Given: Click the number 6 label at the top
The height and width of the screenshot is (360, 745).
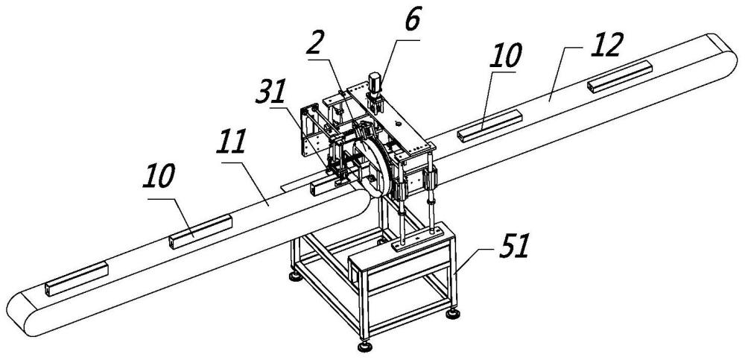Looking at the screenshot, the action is (413, 22).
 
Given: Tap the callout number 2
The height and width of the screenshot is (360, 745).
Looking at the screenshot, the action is (315, 44).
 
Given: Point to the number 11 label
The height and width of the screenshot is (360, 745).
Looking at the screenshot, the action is (230, 142).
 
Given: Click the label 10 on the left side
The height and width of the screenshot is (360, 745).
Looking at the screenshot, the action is (158, 176).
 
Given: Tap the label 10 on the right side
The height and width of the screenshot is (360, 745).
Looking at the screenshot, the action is (507, 56).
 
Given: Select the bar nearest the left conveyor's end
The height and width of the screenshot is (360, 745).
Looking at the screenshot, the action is (77, 279).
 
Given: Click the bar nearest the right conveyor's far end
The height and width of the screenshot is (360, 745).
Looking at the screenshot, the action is (620, 77).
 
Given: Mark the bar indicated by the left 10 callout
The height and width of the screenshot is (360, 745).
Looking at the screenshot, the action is (200, 232).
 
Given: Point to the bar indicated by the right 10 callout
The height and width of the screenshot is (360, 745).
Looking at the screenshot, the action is (489, 126).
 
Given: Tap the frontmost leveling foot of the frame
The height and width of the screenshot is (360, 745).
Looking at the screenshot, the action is (365, 346).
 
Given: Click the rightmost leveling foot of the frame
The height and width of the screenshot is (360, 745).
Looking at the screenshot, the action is (453, 313).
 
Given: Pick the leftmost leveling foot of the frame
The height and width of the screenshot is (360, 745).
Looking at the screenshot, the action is (296, 276).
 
